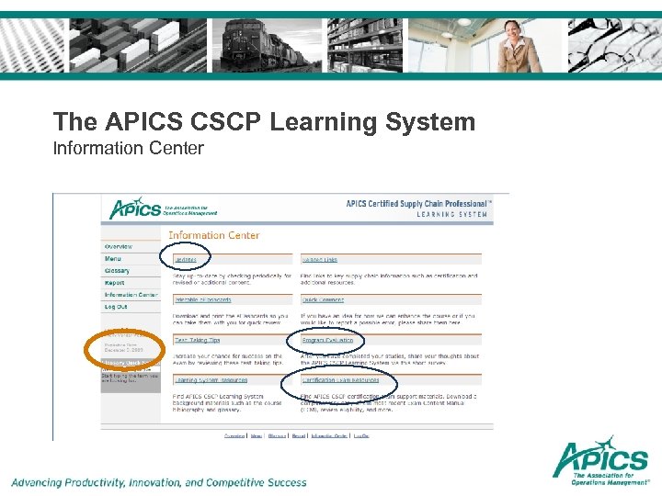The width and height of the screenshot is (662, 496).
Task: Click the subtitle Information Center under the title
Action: [x=129, y=148]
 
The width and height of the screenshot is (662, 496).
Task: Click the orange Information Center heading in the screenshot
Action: [x=213, y=235]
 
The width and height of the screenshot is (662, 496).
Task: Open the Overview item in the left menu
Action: [x=119, y=246]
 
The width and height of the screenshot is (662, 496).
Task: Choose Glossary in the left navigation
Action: [x=117, y=271]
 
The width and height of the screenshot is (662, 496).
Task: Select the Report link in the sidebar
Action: [x=114, y=283]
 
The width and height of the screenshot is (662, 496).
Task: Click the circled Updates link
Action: [x=186, y=260]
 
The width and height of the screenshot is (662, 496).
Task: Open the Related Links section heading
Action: [x=319, y=260]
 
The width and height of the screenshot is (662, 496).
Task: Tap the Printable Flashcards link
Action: [x=203, y=299]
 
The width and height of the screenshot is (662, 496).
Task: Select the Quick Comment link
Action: [x=323, y=299]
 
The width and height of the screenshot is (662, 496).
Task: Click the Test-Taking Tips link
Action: [x=197, y=340]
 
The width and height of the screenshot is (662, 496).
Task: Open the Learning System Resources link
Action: [x=211, y=379]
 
